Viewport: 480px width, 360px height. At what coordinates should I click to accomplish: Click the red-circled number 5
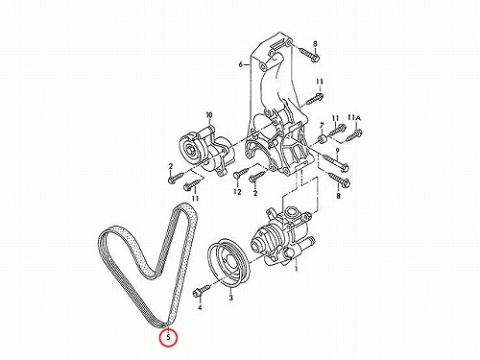coord(169,337)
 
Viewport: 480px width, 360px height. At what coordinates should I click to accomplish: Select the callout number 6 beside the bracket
coord(240,64)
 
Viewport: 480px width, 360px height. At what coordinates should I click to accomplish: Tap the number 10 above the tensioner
coord(209,114)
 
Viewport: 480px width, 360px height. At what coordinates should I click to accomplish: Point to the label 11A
coord(354,118)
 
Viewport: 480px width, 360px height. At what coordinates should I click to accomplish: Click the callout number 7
coord(322,125)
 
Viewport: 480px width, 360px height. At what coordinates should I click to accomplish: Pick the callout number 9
coord(337,151)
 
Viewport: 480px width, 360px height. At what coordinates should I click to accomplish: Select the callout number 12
coord(237,192)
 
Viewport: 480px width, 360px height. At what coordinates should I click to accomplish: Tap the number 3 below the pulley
coord(230,298)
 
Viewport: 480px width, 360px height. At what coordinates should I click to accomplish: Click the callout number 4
coord(200,308)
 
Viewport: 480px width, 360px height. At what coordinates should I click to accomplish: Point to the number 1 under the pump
coord(296,269)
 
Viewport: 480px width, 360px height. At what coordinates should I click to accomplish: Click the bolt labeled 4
coord(203,290)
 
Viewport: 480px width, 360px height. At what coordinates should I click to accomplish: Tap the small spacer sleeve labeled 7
coord(323,140)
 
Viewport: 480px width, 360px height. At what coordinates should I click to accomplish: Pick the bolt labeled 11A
coord(353,135)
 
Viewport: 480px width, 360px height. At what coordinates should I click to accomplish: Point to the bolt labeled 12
coord(240,173)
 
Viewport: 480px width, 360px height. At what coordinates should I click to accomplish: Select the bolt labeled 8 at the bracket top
coord(309,54)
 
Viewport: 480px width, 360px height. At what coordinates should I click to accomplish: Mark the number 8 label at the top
coord(315,43)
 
